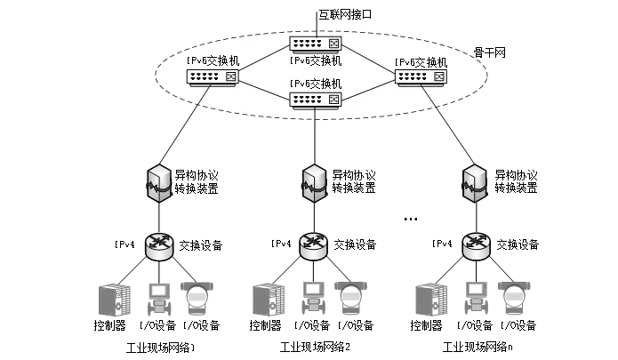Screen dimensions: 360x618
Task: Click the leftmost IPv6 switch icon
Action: point(213,77)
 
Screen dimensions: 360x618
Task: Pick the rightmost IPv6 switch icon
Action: point(421,77)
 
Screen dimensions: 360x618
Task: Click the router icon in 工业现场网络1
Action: point(159,245)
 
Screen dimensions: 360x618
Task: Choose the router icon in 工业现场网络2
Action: point(313,245)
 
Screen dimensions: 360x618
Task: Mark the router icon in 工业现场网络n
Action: point(474,245)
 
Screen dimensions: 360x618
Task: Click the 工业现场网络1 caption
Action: point(161,347)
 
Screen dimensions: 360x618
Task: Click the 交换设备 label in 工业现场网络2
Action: point(355,244)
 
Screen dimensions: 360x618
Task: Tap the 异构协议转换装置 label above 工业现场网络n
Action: point(516,181)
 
